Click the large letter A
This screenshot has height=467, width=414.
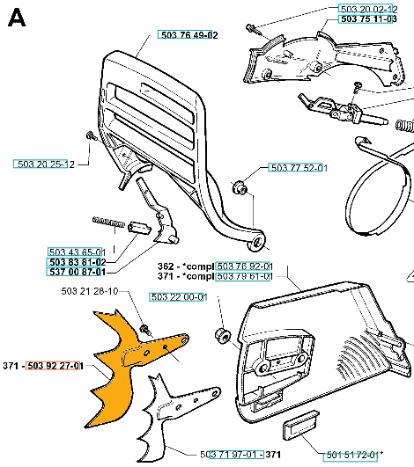[x=17, y=18]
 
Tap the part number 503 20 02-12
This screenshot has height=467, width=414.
[x=369, y=9]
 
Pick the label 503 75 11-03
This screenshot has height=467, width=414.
[x=369, y=18]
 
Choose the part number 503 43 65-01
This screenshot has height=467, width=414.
[x=77, y=252]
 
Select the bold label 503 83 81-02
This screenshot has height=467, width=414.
[x=78, y=262]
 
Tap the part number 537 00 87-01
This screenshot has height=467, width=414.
[x=78, y=272]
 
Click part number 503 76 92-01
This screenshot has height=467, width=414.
[x=245, y=266]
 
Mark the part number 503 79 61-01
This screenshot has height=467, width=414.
[x=245, y=276]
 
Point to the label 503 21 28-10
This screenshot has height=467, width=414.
[x=90, y=291]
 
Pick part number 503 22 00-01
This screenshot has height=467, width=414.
[x=179, y=297]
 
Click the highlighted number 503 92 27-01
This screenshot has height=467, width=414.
[x=55, y=366]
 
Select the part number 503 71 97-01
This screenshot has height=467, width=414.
[x=228, y=455]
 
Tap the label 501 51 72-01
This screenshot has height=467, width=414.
[x=352, y=455]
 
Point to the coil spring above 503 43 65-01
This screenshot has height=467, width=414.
[x=108, y=223]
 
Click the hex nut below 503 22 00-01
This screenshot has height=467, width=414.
[x=223, y=335]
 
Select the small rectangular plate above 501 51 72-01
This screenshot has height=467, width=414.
[x=300, y=425]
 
